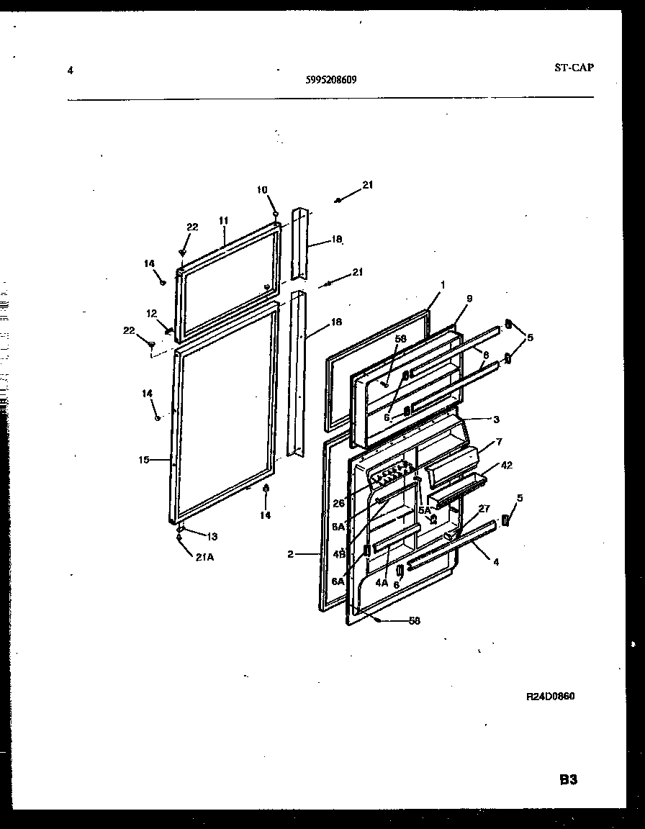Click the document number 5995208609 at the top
coord(330,81)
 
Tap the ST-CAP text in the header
coord(574,68)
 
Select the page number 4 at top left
coord(70,71)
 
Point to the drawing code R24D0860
coord(550,697)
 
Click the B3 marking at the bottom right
coord(569,779)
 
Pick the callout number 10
coord(261,190)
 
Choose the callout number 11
coord(223,220)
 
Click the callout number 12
coord(152,313)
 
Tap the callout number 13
coord(212,536)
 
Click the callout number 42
coord(507,465)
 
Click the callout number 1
coord(443,285)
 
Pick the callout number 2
coord(289,554)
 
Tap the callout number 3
coord(496,420)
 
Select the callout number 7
coord(499,441)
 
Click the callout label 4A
coord(382,583)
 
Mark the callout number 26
coord(338,503)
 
